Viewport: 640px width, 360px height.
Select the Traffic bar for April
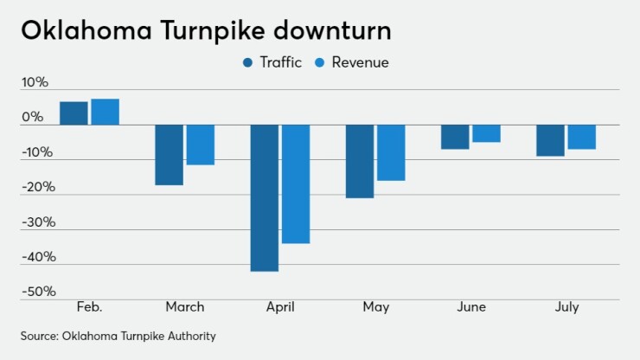[265, 197]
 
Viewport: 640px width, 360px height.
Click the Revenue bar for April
[296, 183]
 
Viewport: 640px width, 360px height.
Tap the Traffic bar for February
[74, 113]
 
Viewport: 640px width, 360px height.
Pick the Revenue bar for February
[105, 112]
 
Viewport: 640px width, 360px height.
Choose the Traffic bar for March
[169, 155]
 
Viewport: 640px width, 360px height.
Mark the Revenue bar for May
[391, 152]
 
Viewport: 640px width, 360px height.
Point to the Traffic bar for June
[455, 137]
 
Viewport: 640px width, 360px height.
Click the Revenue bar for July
[581, 137]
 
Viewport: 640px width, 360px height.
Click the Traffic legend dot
[249, 62]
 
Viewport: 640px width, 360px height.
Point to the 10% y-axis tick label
[35, 82]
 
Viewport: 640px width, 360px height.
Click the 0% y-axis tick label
[32, 117]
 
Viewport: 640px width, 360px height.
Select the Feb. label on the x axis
[89, 307]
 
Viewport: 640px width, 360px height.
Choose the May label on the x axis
[375, 307]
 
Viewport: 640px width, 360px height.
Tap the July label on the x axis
[566, 307]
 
